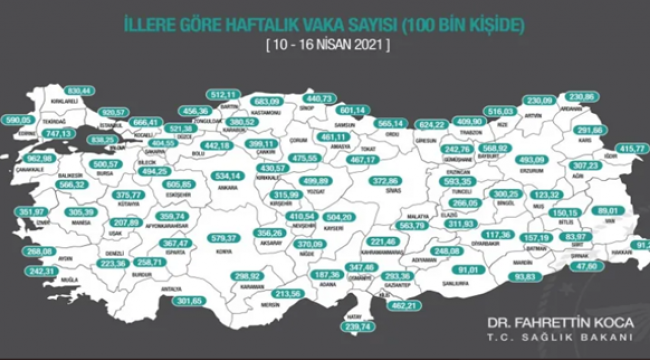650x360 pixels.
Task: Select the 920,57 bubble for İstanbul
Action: coord(117,113)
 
